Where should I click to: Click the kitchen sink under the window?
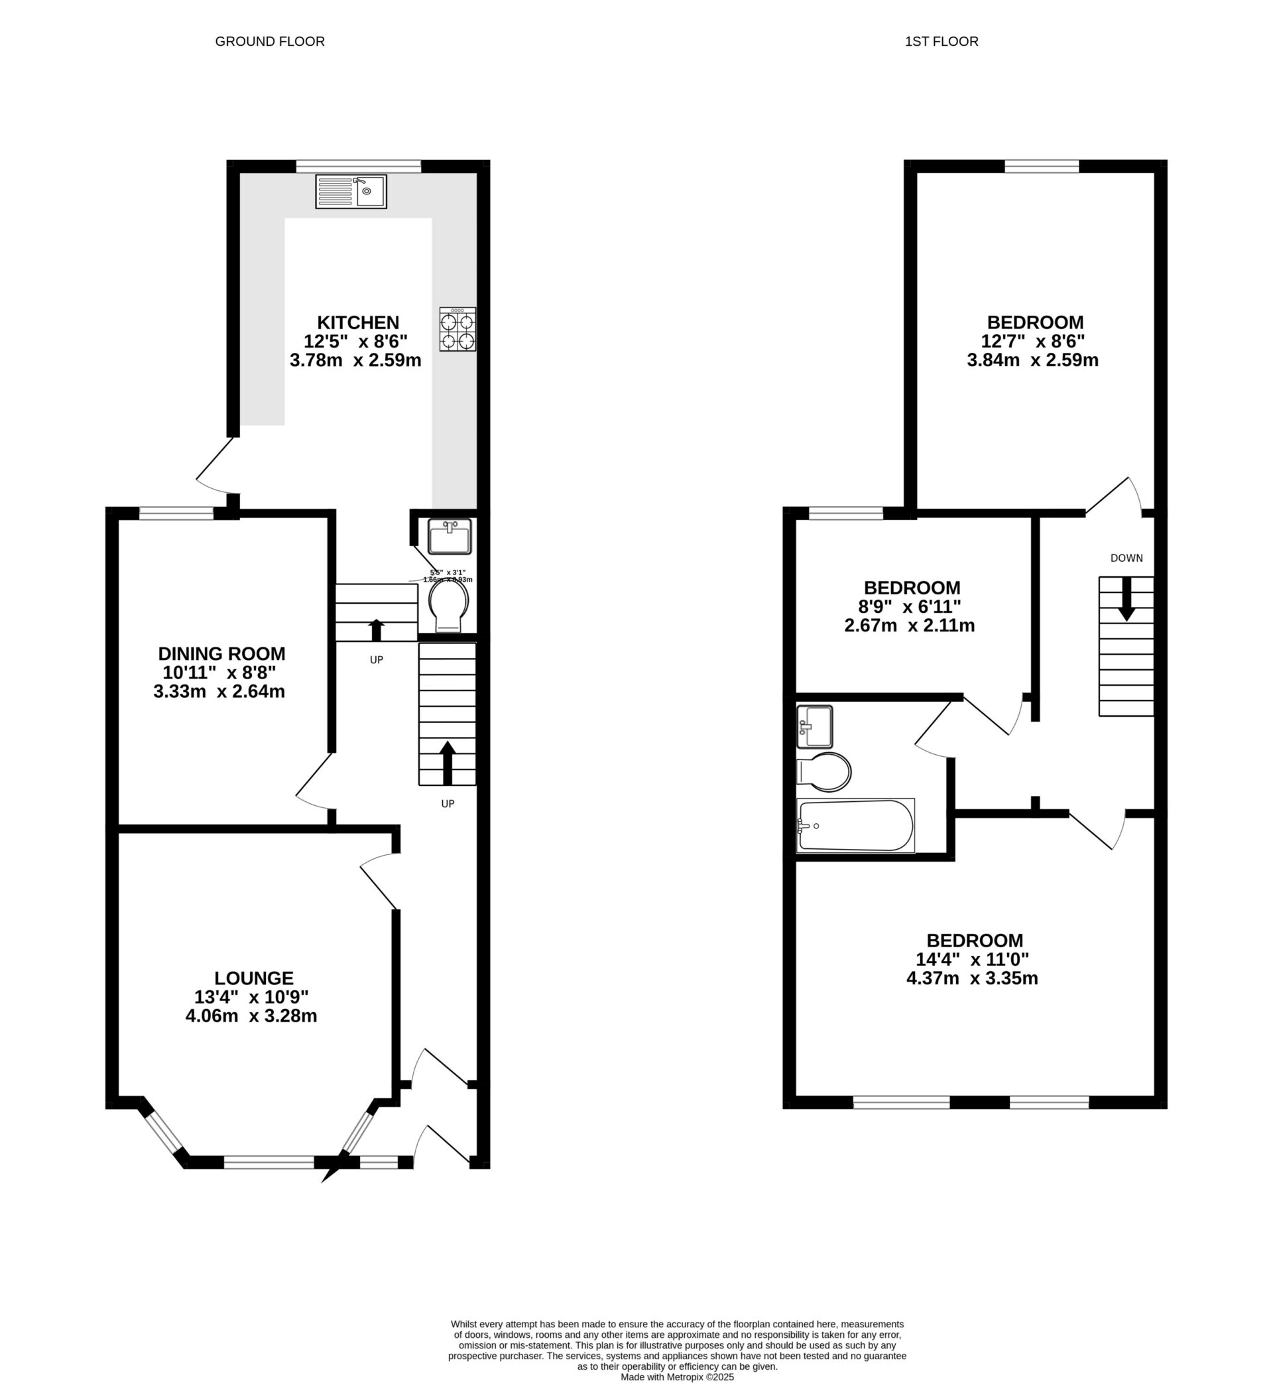(351, 191)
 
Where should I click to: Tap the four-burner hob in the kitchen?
(457, 330)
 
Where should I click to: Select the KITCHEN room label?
(357, 322)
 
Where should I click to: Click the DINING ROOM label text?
(221, 653)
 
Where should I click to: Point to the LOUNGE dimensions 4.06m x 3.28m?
(251, 1016)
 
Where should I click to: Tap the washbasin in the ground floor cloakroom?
(449, 537)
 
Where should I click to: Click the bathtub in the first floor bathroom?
(855, 826)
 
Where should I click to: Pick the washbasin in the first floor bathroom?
(814, 726)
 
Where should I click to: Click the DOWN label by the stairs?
(1126, 558)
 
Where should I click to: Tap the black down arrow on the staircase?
(1126, 599)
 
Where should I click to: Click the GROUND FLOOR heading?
(269, 41)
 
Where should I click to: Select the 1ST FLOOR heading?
(941, 41)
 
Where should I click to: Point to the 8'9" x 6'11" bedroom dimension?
(909, 606)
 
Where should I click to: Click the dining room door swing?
(314, 782)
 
